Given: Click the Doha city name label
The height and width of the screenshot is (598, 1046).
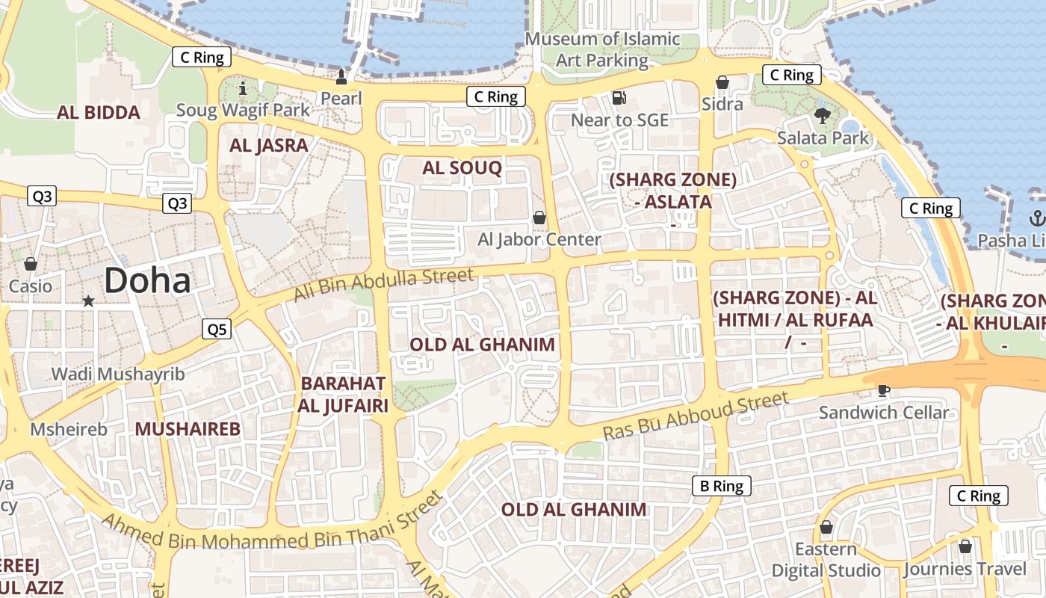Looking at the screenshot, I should pyautogui.click(x=147, y=281).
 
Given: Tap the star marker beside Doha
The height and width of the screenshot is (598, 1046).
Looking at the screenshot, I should pyautogui.click(x=88, y=300).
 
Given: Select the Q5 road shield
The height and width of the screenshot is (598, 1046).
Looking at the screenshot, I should pyautogui.click(x=216, y=329).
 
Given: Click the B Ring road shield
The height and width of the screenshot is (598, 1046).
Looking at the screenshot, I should pyautogui.click(x=721, y=486).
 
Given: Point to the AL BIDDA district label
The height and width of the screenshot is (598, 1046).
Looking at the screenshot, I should pyautogui.click(x=99, y=113).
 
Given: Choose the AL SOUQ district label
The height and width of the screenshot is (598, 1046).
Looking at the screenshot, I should pyautogui.click(x=462, y=168).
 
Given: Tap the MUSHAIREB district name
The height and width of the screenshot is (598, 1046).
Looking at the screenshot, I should pyautogui.click(x=188, y=429).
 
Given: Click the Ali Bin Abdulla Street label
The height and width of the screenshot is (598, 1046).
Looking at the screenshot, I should pyautogui.click(x=383, y=285).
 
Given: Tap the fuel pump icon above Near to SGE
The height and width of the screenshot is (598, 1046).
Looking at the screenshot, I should pyautogui.click(x=619, y=97).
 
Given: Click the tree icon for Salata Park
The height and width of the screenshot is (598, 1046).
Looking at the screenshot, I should pyautogui.click(x=823, y=115).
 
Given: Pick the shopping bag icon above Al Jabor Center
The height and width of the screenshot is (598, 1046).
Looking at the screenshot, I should pyautogui.click(x=539, y=218).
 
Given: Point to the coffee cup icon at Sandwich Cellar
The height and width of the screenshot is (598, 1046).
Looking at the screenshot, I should pyautogui.click(x=883, y=389).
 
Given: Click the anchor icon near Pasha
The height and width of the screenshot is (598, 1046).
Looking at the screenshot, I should pyautogui.click(x=1036, y=218).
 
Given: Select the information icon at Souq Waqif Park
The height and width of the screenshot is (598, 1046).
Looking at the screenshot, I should pyautogui.click(x=242, y=89).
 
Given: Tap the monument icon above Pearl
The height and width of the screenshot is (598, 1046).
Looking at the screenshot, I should pyautogui.click(x=341, y=76).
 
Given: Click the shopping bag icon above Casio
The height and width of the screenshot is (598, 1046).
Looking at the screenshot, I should pyautogui.click(x=31, y=264).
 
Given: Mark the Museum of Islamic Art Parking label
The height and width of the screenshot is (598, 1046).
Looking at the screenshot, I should pyautogui.click(x=602, y=49).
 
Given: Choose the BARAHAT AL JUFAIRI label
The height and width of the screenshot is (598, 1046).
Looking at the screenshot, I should pyautogui.click(x=343, y=395).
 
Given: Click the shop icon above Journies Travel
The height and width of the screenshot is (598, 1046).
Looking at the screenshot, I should pyautogui.click(x=965, y=546).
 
